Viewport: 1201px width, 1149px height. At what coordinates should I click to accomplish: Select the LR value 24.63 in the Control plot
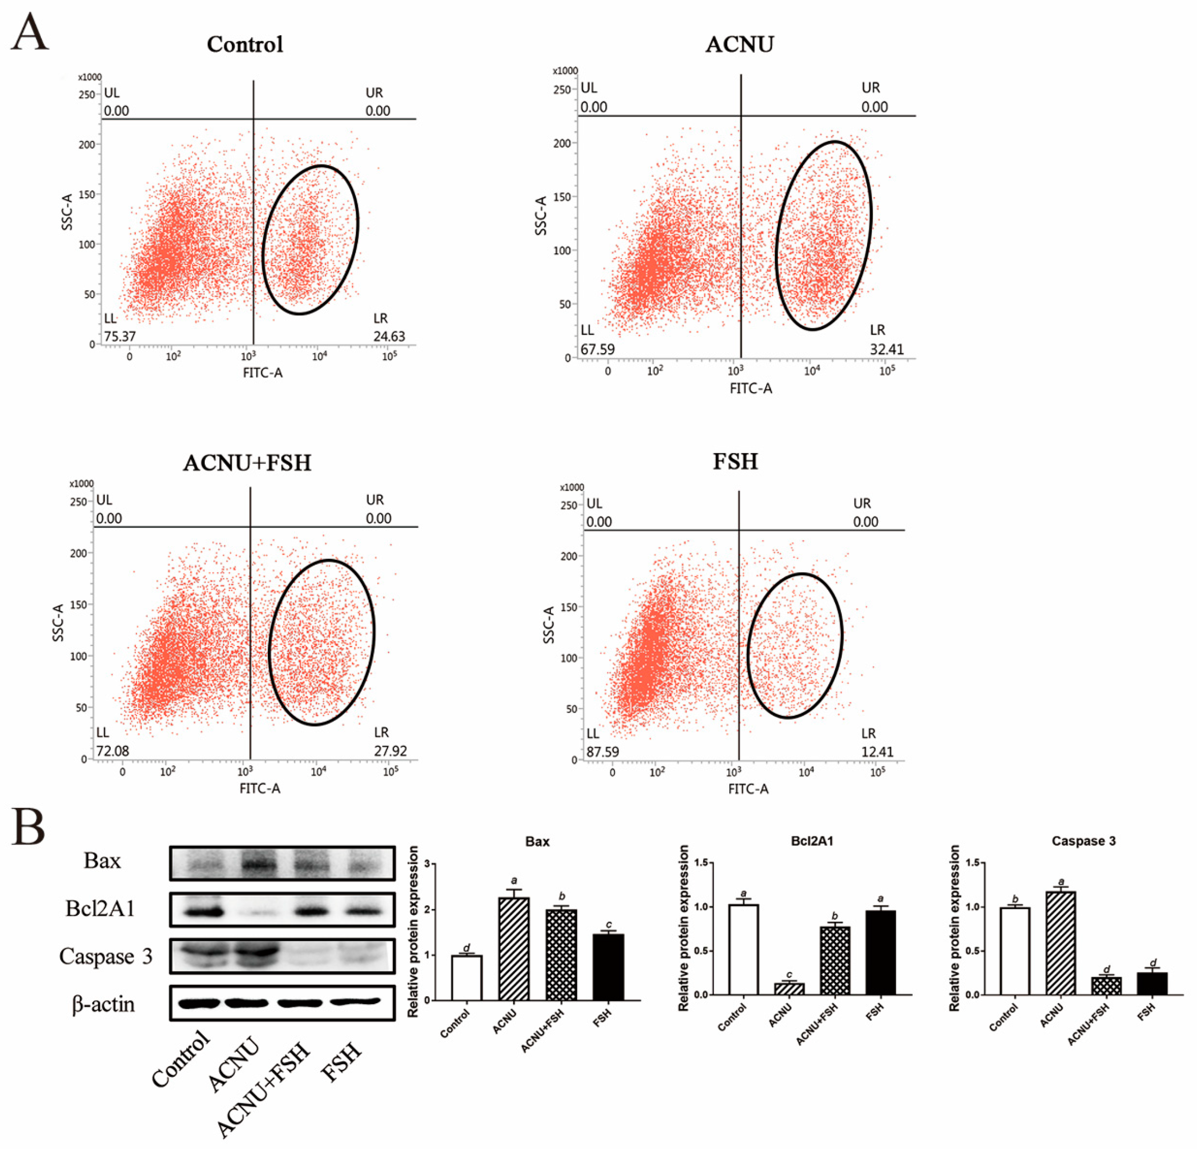tap(389, 336)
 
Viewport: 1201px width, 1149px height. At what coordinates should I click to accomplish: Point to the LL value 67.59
tap(597, 349)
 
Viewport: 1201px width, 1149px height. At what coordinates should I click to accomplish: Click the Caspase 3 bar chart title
tap(1083, 841)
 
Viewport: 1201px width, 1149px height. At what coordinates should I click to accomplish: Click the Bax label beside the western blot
tap(102, 861)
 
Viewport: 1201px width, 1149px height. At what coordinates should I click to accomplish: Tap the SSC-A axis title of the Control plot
tap(67, 212)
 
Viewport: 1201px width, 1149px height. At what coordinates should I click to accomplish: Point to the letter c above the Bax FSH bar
tap(608, 924)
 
